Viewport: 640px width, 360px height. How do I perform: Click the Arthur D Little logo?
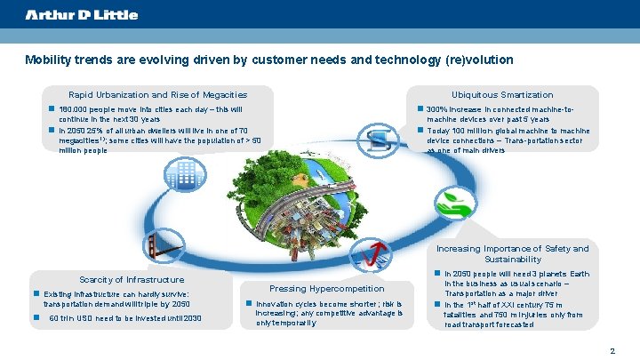coord(82,15)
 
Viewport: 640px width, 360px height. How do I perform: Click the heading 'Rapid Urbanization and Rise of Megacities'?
coord(157,94)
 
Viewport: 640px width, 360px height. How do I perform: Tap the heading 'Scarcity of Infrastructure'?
coord(132,279)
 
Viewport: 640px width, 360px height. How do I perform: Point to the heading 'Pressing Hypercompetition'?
coord(326,288)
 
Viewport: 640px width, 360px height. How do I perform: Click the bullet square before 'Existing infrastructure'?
coord(36,293)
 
